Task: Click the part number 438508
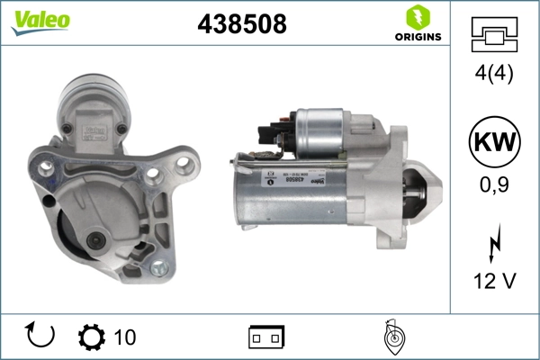pos(242,24)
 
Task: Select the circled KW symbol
pos(493,144)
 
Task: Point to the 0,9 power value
pos(493,185)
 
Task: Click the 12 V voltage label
pos(493,282)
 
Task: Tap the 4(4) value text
pos(493,76)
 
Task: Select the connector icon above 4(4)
pos(493,35)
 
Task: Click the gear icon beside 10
pos(92,337)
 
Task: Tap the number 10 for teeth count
pos(125,337)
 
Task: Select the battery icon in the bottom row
pos(266,337)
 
